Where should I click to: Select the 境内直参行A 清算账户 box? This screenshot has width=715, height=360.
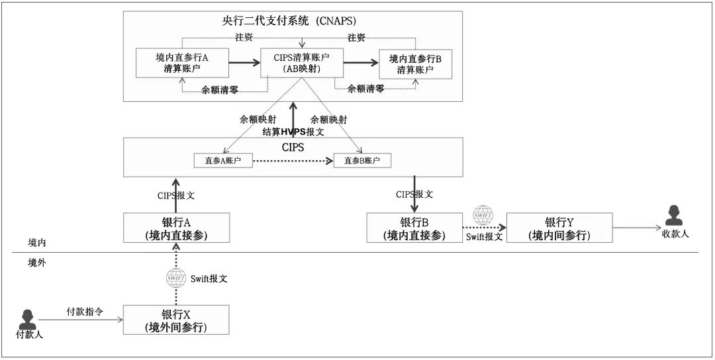tap(181, 64)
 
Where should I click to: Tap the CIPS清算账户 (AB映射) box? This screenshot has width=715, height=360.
tap(301, 64)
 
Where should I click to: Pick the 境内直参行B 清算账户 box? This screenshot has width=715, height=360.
tap(415, 64)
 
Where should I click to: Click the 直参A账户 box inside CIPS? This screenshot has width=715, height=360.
tap(222, 160)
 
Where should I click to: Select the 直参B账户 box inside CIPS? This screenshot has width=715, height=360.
tap(362, 160)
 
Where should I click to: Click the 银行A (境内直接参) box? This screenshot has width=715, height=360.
tap(176, 228)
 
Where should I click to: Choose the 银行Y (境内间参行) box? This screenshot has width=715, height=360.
tap(559, 228)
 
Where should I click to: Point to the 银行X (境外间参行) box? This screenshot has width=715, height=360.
tap(176, 320)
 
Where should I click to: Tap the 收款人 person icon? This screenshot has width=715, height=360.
tap(674, 216)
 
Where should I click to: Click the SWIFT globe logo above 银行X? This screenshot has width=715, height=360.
tap(176, 278)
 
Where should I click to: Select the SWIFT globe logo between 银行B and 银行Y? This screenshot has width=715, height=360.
tap(483, 215)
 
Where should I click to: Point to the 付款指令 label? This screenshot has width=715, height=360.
tap(83, 310)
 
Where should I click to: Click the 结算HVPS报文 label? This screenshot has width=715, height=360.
tap(293, 132)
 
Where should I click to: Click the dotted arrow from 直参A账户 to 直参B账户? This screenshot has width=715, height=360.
tap(293, 160)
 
